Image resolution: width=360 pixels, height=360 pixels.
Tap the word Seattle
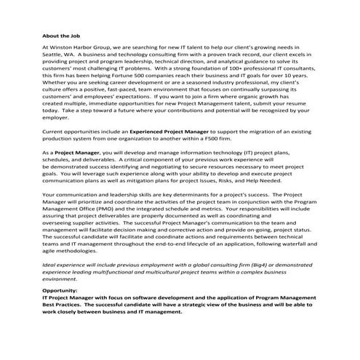click(54, 54)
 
